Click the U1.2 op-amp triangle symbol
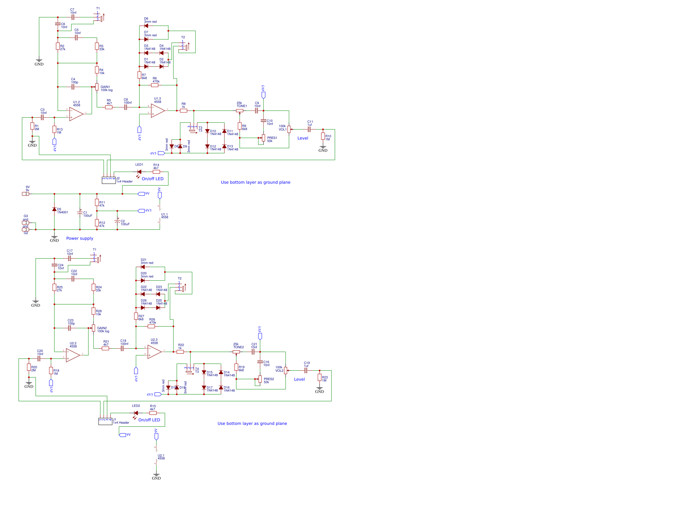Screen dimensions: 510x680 coord(76,114)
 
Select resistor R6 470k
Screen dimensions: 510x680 coord(155,85)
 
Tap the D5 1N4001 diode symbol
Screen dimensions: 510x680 coord(54,209)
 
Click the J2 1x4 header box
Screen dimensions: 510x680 coord(108,180)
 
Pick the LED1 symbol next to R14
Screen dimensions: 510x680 coord(139,172)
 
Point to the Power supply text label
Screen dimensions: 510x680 coord(80,239)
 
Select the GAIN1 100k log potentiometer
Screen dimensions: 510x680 coord(97,87)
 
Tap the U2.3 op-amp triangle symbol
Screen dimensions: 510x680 coord(154,352)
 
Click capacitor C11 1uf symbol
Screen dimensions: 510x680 coord(309,129)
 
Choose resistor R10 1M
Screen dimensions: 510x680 coord(323,136)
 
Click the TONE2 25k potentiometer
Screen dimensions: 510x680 coord(236,352)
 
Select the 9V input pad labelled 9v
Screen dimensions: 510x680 coord(26,194)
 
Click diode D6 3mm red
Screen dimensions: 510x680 coord(146,26)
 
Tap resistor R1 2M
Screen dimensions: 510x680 coord(32,126)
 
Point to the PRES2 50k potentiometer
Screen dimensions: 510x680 coord(260,379)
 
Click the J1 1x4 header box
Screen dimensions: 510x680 coord(105,421)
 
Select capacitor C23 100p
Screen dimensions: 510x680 coord(69,328)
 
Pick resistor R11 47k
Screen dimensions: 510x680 coord(97,203)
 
